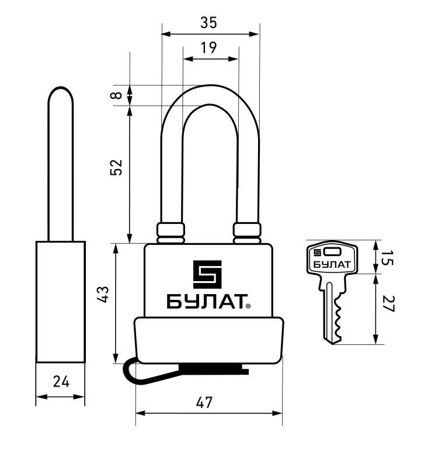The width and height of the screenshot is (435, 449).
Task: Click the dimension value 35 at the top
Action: coord(208,23)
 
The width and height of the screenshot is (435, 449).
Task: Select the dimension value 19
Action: coord(208,47)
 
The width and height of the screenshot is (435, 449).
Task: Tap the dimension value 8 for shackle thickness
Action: coord(116,95)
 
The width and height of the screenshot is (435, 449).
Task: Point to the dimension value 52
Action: coord(116,167)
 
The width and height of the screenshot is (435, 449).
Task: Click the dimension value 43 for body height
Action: coord(103,294)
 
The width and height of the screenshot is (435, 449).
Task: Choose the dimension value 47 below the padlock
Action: coord(204,402)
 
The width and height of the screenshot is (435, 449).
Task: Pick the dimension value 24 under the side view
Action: coord(61,382)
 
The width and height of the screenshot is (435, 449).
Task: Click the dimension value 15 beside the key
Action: coord(388,258)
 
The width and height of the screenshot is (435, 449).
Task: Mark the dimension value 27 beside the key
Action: coord(388,304)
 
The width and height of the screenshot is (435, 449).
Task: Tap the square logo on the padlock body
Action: coord(207,274)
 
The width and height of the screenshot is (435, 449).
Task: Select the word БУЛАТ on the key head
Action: coord(332,264)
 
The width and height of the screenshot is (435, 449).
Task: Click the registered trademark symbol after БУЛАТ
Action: coord(248,306)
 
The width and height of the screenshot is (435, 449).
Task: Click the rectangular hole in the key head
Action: coord(332,252)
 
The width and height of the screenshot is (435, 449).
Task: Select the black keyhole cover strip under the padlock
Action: coord(214,369)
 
